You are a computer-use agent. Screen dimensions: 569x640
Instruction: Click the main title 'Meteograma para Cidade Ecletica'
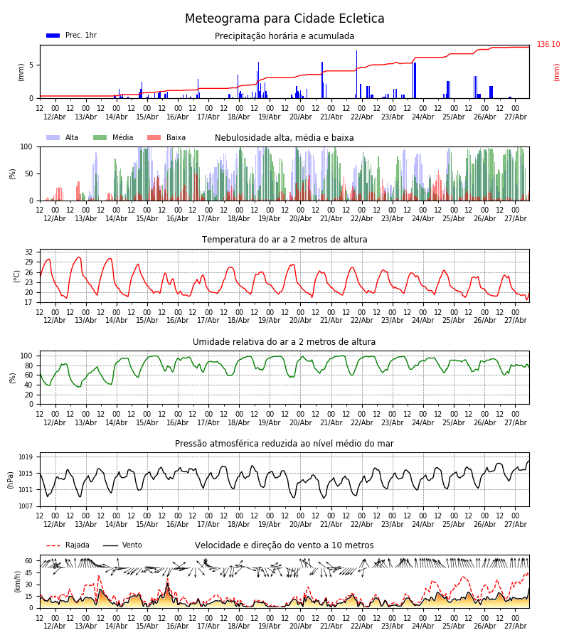coord(284,18)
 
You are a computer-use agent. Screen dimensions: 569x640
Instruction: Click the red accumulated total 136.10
coord(548,44)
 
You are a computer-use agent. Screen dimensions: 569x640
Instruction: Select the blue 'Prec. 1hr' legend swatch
coord(53,36)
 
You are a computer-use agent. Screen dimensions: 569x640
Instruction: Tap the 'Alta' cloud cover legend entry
coord(62,137)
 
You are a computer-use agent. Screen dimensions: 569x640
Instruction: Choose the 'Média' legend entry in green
coord(113,137)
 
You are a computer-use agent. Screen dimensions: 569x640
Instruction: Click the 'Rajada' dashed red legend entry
coord(68,545)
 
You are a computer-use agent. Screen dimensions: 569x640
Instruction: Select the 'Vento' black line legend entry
coord(122,545)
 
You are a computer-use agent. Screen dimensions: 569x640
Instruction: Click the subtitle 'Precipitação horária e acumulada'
coord(284,36)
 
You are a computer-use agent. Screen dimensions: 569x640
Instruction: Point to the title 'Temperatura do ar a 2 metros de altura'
coord(284,239)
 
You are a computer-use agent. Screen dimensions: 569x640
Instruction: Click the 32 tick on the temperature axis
coord(28,252)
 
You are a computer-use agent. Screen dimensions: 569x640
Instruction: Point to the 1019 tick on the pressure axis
coord(26,457)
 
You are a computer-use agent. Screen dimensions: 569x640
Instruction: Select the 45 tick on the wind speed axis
coord(28,572)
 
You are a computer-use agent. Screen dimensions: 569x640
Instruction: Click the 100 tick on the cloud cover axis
coord(26,146)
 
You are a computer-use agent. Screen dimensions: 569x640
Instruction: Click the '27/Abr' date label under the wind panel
coord(516,626)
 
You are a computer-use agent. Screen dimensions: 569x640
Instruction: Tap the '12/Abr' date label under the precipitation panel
coord(55,117)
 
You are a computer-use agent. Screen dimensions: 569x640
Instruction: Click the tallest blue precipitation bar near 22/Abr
coord(356,74)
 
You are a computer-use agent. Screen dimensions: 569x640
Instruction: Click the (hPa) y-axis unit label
coord(11,480)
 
